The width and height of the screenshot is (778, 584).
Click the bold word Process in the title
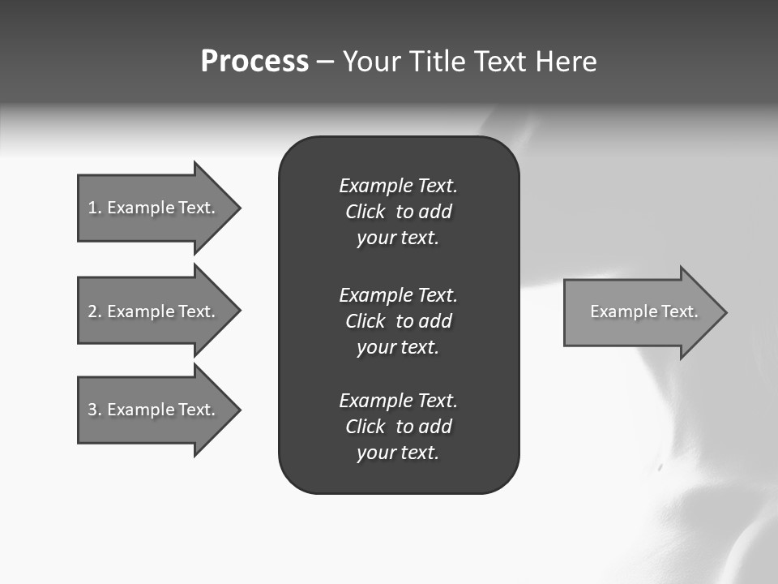coord(254,62)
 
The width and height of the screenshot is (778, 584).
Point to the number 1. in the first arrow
coord(95,208)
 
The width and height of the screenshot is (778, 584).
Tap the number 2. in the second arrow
coord(95,311)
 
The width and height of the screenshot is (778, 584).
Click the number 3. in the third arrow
coord(95,410)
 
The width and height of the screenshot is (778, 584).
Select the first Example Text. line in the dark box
coord(398,186)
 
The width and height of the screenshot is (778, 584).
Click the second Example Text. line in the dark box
coord(398,294)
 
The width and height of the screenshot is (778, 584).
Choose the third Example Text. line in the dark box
coord(398,401)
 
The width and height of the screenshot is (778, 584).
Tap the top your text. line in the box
coord(397,238)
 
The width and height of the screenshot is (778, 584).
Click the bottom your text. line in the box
coord(397,453)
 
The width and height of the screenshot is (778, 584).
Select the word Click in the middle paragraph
coord(365,321)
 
